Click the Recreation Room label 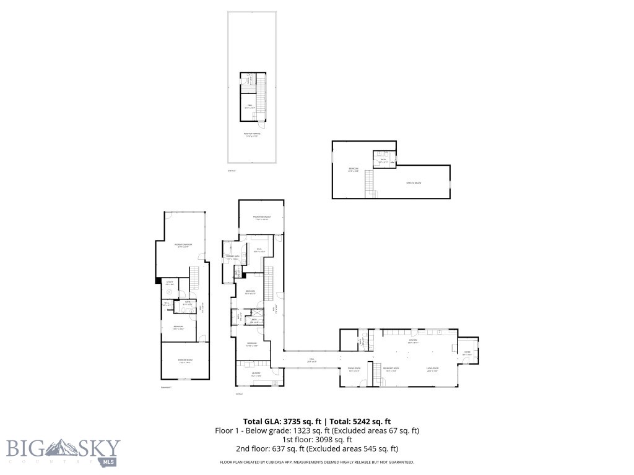tap(181, 245)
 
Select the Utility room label tap(170, 282)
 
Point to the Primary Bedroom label tap(261, 217)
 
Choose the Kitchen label tap(412, 340)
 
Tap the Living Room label tap(433, 369)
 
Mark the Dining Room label tap(354, 369)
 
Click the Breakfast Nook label tap(391, 369)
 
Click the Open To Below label tap(414, 182)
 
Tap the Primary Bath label tap(233, 257)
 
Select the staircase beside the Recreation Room tap(195, 278)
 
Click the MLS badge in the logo tap(109, 461)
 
